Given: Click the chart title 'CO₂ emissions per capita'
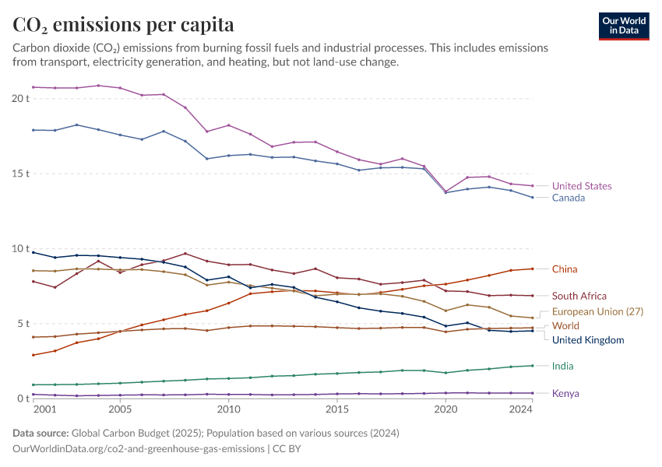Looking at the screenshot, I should pos(124,25).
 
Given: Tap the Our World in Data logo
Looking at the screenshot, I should pos(623,26).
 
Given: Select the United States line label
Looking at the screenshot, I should pos(581,186).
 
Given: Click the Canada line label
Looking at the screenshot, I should pos(568,198).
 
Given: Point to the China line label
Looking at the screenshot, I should pos(565,269).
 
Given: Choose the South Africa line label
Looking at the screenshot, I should pos(579,296).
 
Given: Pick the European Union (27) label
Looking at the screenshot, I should pos(597,311).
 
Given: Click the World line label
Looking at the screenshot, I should pos(565,326).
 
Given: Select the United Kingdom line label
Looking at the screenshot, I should pos(588,340).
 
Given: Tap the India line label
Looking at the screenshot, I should pos(563,366).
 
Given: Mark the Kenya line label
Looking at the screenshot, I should pos(565,393).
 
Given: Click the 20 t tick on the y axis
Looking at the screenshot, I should pos(20,99).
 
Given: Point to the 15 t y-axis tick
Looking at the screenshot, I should pos(20,174).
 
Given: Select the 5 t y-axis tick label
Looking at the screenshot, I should pos(23,324).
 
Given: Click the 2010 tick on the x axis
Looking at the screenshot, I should pos(228,409).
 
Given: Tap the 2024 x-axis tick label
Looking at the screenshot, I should pos(520,409).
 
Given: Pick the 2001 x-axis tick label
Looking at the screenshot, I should pos(44,409).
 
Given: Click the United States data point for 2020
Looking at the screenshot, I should pos(445,191).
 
